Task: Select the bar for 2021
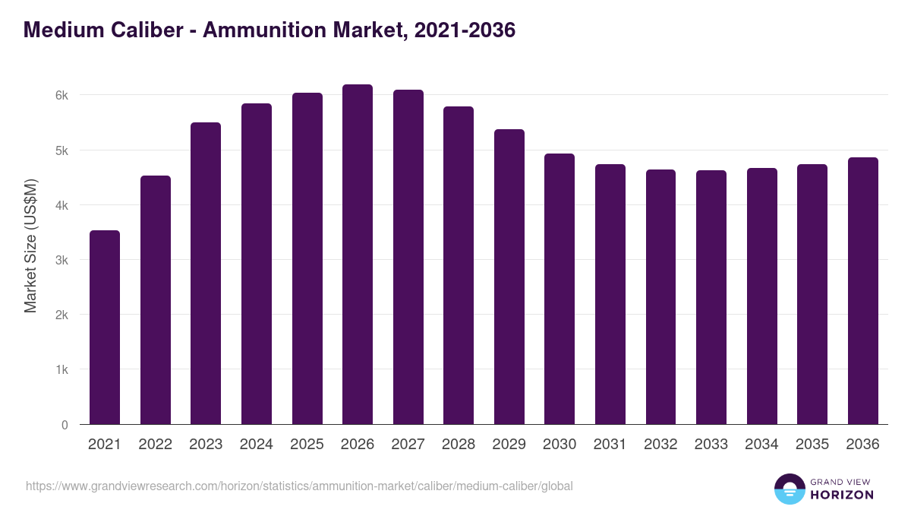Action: [x=105, y=327]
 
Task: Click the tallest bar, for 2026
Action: [x=358, y=255]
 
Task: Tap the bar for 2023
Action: [x=206, y=274]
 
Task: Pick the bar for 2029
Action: [x=509, y=277]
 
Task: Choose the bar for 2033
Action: [x=711, y=297]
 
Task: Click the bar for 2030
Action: [x=560, y=289]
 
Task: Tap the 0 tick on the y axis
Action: [x=65, y=425]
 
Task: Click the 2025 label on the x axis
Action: [x=307, y=445]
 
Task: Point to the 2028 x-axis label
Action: [x=459, y=445]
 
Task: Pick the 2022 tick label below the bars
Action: [x=155, y=445]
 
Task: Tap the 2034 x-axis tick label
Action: [x=762, y=445]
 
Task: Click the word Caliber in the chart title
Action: [x=149, y=30]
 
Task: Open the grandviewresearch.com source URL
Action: [x=299, y=486]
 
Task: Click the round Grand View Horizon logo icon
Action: [x=789, y=489]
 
